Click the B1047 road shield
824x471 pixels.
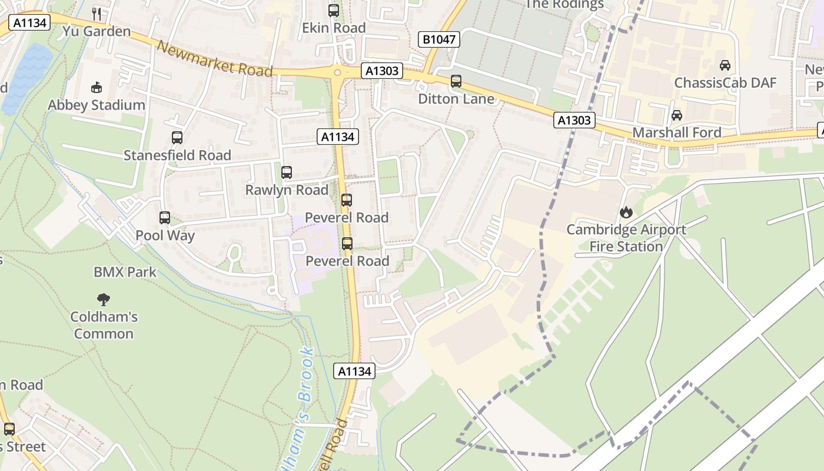(438, 39)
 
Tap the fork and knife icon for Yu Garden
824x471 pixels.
(97, 14)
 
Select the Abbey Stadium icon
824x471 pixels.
(97, 88)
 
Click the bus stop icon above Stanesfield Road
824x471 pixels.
(177, 138)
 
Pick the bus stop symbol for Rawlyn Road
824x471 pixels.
(287, 173)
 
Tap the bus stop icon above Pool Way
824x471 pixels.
(165, 218)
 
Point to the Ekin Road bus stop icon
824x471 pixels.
(334, 10)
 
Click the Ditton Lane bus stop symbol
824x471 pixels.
(456, 81)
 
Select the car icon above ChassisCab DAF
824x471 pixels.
(725, 65)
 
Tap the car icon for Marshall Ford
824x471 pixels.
(677, 115)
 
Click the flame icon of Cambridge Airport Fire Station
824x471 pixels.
(626, 212)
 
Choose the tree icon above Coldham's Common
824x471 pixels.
(104, 299)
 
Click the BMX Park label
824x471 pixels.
(125, 272)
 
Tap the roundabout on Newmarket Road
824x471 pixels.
(338, 72)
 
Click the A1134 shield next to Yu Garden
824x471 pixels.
(29, 23)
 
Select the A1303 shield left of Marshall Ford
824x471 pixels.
(574, 121)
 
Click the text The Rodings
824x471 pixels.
(564, 5)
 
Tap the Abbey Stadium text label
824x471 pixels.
(97, 105)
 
